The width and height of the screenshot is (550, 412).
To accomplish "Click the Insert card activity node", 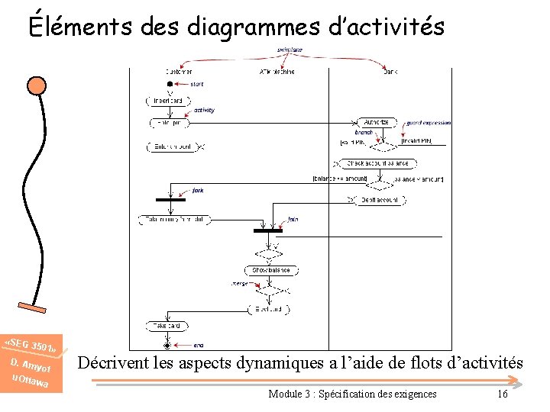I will coord(167,101).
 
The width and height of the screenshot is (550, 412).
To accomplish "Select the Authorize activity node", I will coord(376,122).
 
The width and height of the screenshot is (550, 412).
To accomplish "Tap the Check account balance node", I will coord(376,163).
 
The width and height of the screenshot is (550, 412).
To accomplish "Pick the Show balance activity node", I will coord(271,270).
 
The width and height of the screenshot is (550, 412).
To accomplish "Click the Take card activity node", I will coord(167,326).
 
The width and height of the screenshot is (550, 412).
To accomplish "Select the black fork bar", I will coord(170,199).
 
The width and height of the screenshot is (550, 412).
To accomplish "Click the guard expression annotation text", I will coord(429,122).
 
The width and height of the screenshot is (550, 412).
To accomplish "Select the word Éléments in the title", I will coord(81,27).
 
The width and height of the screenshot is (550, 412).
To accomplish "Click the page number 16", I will coord(502,394).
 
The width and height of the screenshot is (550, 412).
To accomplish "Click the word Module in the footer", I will coord(286,394).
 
